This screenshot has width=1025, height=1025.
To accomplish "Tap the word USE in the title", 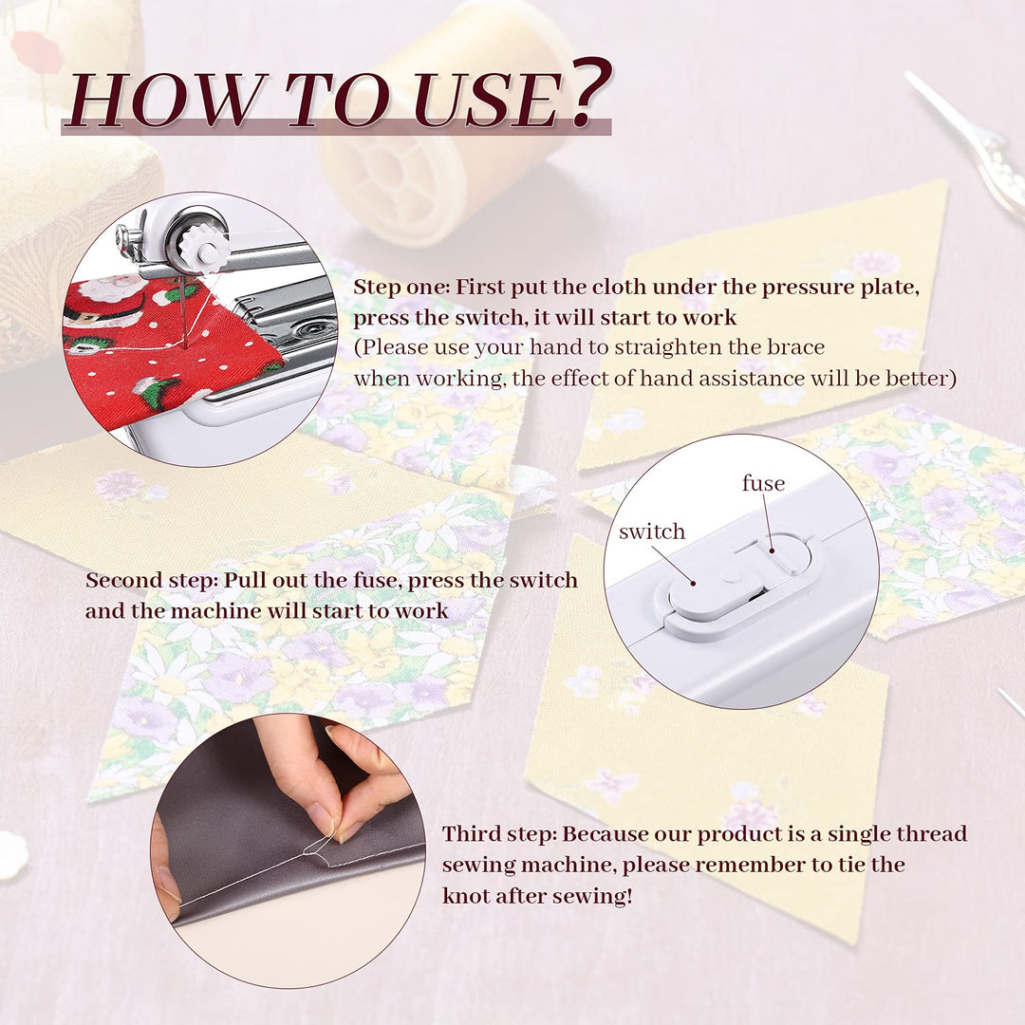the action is (487, 100).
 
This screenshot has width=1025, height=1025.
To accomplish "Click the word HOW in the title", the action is (167, 100).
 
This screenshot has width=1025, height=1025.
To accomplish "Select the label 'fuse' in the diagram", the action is (763, 482).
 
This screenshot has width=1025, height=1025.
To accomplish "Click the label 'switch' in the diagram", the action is (652, 531).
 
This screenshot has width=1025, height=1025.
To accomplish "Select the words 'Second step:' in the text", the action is (151, 580).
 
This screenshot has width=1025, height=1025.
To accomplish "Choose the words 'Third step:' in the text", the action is (499, 833).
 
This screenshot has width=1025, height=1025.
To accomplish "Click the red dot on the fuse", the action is (772, 551).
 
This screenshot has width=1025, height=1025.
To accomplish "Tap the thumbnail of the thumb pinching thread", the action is (321, 816).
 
